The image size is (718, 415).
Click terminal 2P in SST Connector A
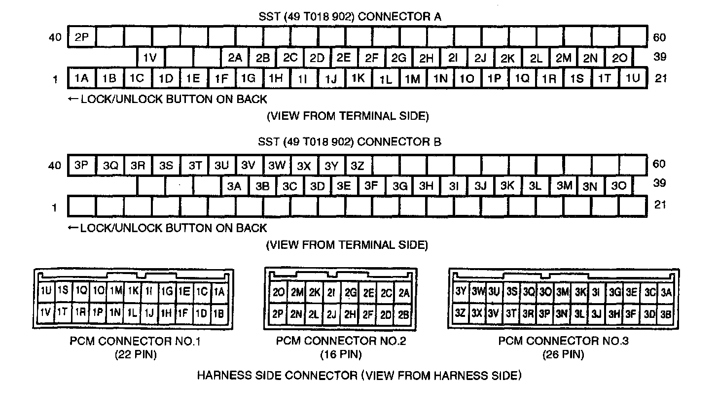click(82, 37)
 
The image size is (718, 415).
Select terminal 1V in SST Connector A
click(150, 58)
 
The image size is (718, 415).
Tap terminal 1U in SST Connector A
click(632, 78)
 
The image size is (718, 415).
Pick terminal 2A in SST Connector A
click(235, 58)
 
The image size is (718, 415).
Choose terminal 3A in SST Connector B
click(234, 186)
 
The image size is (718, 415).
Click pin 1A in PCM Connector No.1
click(219, 292)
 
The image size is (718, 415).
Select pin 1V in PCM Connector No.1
click(45, 311)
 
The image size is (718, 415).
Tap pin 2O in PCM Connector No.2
click(278, 293)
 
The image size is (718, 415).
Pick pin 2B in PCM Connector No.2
click(403, 314)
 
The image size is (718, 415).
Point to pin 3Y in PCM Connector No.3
click(461, 292)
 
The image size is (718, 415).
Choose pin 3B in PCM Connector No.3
click(666, 313)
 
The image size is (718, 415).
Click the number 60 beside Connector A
click(659, 37)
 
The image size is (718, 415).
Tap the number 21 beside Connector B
click(661, 205)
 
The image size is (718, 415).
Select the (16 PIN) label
click(341, 354)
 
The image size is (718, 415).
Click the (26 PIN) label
click(563, 354)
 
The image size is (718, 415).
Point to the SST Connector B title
click(350, 142)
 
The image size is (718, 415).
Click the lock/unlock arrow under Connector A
click(73, 99)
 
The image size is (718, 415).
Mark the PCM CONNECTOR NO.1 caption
click(135, 341)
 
